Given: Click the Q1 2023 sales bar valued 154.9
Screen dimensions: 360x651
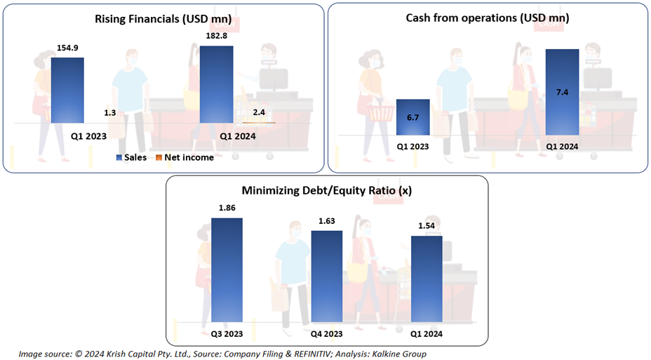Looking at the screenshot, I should click(67, 90).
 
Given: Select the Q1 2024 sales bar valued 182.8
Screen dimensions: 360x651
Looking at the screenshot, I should click(216, 84).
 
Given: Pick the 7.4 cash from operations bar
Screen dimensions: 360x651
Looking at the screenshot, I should click(563, 92).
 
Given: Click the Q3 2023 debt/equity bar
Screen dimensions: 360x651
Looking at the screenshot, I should click(227, 271).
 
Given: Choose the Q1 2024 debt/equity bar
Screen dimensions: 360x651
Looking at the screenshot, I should click(427, 280).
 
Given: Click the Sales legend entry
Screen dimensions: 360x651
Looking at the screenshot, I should click(131, 157).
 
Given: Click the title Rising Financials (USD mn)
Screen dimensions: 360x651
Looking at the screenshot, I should click(161, 19).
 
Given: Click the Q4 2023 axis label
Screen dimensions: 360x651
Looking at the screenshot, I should click(327, 333).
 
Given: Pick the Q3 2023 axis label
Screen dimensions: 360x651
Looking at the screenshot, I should click(227, 333).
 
